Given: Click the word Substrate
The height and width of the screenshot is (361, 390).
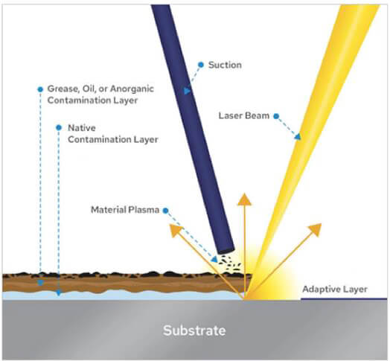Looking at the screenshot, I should click(194, 329).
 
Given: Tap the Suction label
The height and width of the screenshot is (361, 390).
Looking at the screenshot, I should click(225, 64).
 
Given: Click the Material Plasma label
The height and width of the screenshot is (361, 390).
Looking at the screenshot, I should click(124, 210).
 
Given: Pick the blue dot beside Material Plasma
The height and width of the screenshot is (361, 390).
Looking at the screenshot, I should click(164, 210).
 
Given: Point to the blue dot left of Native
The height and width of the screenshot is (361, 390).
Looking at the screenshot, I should click(60, 127).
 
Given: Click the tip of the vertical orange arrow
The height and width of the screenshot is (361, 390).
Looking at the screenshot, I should click(244, 197).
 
